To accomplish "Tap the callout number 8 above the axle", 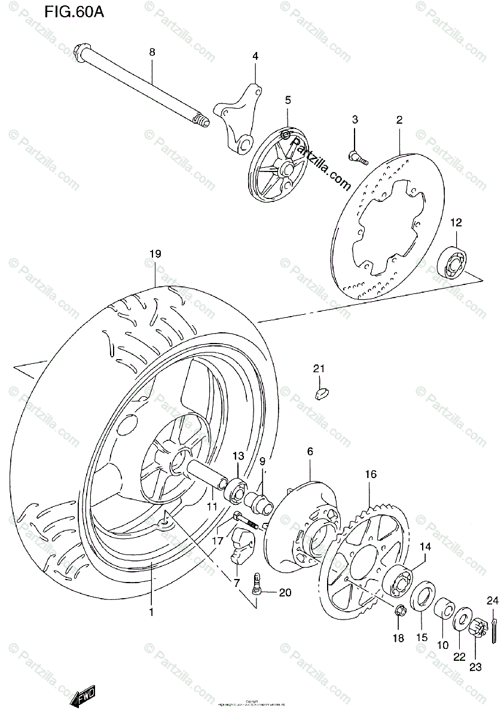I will click(x=152, y=53).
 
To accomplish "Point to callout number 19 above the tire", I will click(x=155, y=254).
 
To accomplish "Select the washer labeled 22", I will click(x=460, y=619).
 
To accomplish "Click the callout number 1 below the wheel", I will click(x=151, y=612).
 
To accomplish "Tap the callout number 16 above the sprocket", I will click(x=371, y=475).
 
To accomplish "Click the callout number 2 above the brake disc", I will click(x=399, y=120).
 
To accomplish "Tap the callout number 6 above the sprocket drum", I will click(x=310, y=452).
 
